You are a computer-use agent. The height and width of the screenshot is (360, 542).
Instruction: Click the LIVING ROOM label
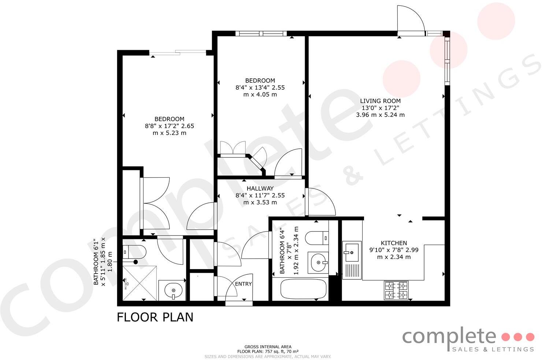(x=380, y=101)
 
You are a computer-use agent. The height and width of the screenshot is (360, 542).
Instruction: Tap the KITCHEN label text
(x=394, y=243)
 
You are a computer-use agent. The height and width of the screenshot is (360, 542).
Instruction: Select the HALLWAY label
(x=260, y=189)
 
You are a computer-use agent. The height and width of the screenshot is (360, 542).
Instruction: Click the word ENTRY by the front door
(x=244, y=284)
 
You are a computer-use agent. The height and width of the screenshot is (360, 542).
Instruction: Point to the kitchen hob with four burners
(x=396, y=290)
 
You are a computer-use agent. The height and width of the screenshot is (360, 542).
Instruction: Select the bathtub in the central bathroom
(x=303, y=289)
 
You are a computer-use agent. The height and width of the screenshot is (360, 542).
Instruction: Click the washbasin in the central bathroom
(x=318, y=263)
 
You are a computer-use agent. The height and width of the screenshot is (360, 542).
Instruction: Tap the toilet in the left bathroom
(x=134, y=252)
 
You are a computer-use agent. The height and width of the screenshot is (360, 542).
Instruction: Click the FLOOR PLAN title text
(x=155, y=317)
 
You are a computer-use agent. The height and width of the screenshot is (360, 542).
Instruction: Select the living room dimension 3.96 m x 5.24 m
(x=380, y=115)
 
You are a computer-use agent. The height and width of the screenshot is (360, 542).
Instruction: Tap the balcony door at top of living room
(x=411, y=22)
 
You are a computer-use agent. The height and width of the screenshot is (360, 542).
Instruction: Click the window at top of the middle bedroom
(x=261, y=34)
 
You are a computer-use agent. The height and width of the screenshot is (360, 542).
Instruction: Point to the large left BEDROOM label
(x=169, y=119)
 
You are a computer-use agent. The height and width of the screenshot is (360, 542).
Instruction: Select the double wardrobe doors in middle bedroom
(x=233, y=148)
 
